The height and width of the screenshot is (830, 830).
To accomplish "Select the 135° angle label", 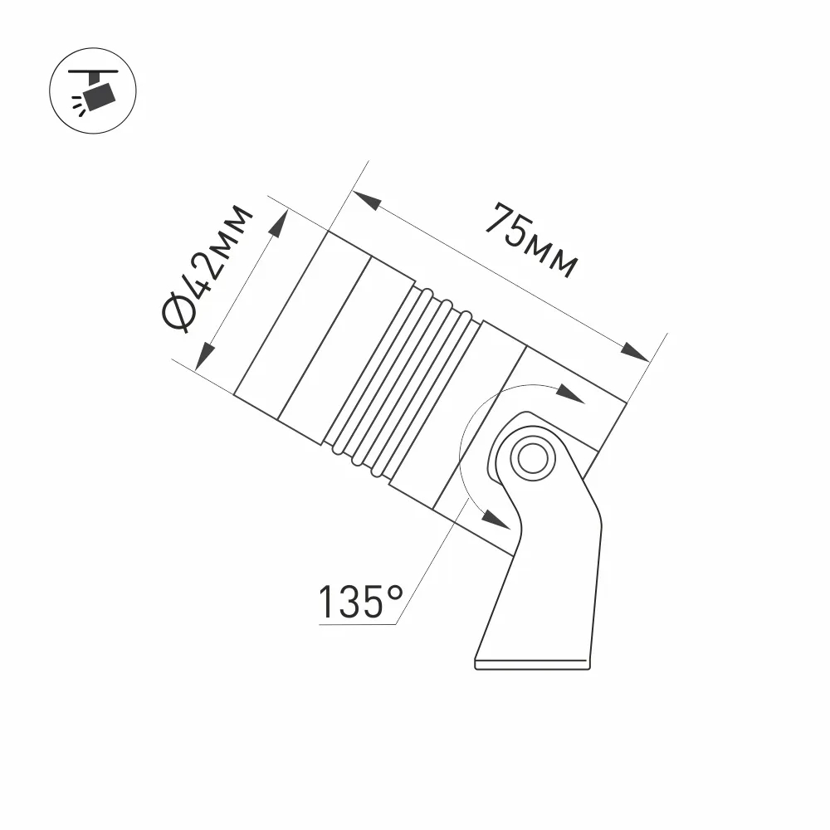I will tap(360, 602).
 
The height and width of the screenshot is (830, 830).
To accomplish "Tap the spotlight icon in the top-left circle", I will tap(93, 90).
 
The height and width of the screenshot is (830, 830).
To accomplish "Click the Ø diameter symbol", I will tap(181, 314).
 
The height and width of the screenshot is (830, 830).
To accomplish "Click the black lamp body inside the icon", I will tap(101, 97).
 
